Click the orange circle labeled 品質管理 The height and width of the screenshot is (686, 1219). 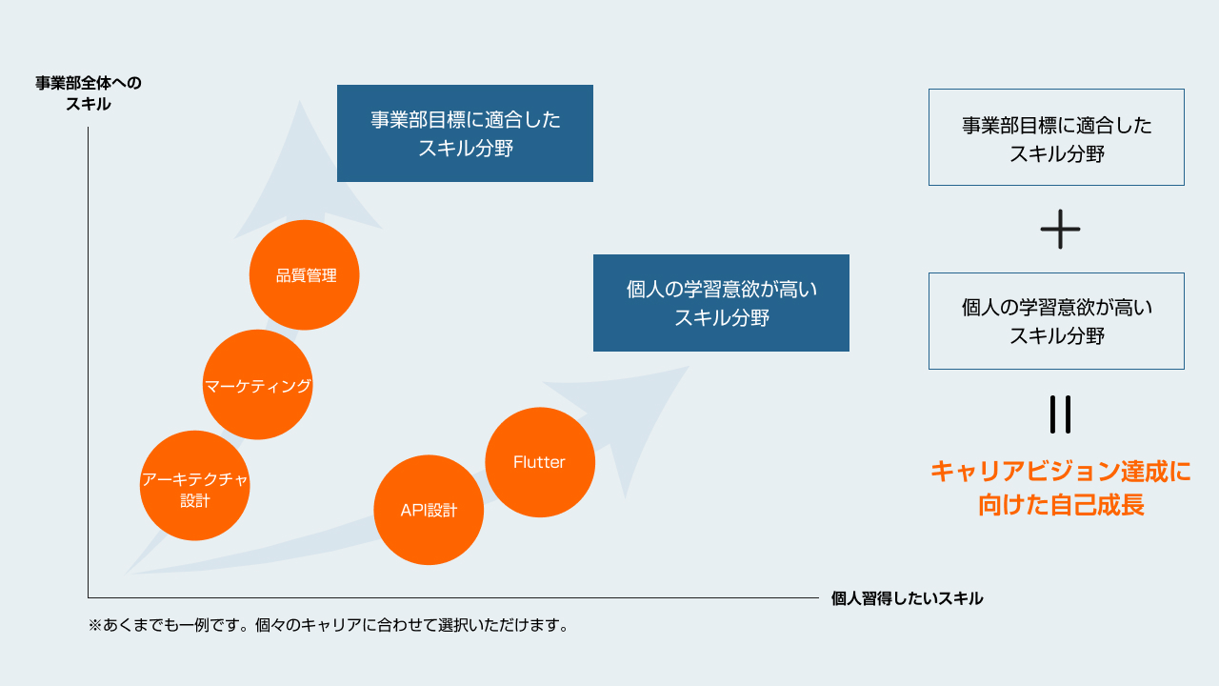click(x=304, y=275)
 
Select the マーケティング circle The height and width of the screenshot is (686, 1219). click(x=257, y=384)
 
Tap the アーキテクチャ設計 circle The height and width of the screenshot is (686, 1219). click(x=195, y=486)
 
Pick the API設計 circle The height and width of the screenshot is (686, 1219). click(x=429, y=510)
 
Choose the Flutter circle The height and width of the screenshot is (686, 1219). click(x=540, y=462)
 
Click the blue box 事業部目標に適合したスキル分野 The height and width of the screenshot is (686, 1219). click(x=465, y=133)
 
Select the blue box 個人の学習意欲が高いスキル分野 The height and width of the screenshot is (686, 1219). click(x=721, y=303)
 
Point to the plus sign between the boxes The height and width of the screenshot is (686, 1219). click(x=1060, y=230)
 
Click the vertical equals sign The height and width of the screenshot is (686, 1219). click(x=1060, y=414)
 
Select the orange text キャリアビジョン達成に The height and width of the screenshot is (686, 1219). click(x=1061, y=472)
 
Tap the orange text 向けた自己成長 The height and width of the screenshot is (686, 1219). click(x=1061, y=505)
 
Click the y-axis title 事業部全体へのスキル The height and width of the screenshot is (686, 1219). click(x=89, y=93)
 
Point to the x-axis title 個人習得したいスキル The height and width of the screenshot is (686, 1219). click(x=907, y=598)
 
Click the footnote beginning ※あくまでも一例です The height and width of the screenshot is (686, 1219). click(x=329, y=625)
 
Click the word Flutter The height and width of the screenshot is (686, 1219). click(x=539, y=462)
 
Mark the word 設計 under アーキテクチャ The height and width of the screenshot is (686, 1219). click(x=195, y=501)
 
